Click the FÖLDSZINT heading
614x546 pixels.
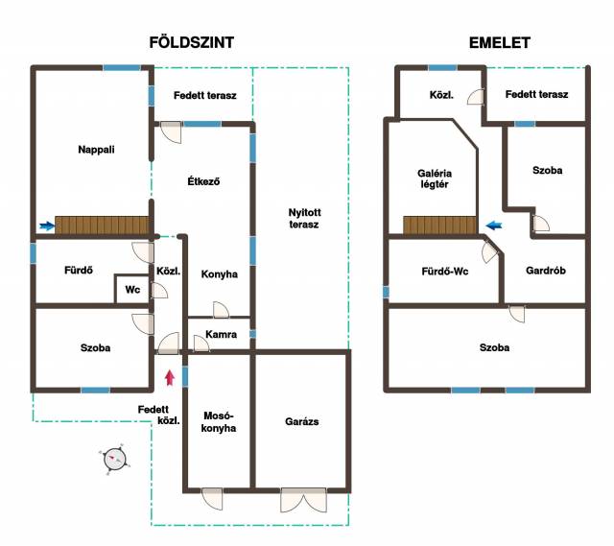pos(192,42)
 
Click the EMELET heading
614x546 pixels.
pos(500,42)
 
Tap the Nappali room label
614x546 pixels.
pos(96,150)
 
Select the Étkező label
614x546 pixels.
pos(203,181)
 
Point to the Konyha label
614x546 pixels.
pos(220,273)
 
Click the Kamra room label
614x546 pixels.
pos(222,334)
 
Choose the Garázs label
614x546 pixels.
pos(301,421)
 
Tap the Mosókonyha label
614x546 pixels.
pos(219,421)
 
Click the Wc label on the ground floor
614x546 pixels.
pos(132,290)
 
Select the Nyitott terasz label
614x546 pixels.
pos(304,218)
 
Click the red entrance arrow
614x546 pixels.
pos(170,377)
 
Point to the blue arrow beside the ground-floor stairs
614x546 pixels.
pos(47,226)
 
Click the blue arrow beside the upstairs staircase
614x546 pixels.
pos(494,226)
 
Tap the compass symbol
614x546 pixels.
pos(115,459)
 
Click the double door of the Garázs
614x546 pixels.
pos(303,499)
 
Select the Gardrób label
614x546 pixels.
pos(546,271)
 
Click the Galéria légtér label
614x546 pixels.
pos(435,178)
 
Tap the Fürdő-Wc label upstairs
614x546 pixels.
pos(445,271)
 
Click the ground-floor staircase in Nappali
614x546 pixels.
pos(102,226)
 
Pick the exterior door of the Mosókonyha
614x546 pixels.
pos(212,498)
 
